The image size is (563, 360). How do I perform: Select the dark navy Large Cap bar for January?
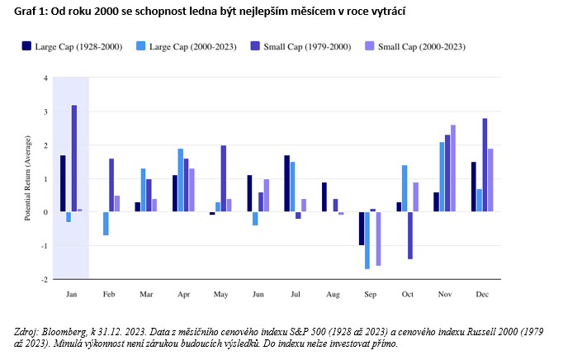click(x=63, y=183)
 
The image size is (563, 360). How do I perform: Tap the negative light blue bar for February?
click(x=106, y=223)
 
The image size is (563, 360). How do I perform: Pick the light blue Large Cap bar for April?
click(x=181, y=180)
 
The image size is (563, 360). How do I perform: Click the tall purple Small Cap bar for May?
click(x=224, y=178)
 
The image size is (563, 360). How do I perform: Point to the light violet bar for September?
click(x=378, y=239)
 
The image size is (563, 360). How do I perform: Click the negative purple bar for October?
click(x=409, y=235)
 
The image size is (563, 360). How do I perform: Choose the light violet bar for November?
click(x=453, y=168)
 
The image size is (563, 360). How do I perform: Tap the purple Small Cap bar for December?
click(x=485, y=165)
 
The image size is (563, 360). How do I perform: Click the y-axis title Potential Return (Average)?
click(x=27, y=178)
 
